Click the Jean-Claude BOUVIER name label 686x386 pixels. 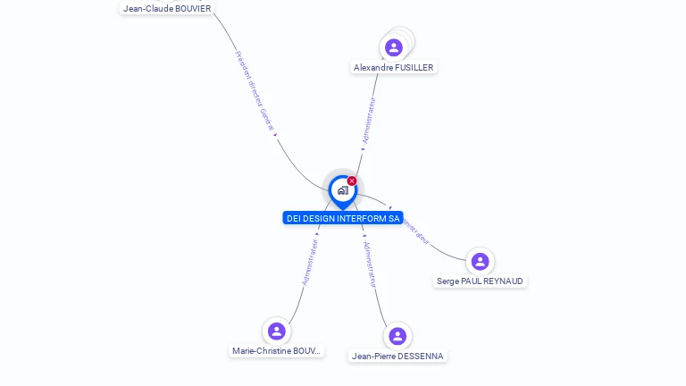167,9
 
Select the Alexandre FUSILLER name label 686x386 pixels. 394,68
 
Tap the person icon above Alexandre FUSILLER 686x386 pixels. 394,47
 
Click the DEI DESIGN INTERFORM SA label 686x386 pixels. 343,218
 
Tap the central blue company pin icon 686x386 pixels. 342,190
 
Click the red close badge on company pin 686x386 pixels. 352,181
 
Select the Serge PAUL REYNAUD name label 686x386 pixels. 481,281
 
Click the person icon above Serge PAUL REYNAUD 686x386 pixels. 480,261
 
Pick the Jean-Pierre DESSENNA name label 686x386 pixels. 397,357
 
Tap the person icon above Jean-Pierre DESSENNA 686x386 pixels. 397,336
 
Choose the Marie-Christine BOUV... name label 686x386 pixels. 277,351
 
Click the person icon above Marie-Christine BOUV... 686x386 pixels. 277,331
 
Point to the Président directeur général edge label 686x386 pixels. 255,91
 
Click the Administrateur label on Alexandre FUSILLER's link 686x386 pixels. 368,121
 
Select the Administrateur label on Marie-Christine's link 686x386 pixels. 310,261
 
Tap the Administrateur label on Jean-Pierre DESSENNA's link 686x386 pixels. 369,264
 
